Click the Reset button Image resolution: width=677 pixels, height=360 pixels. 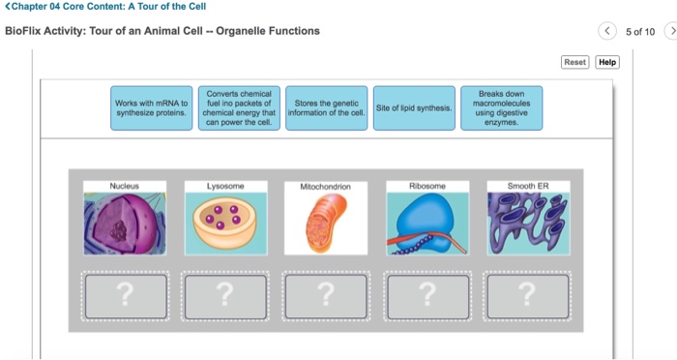[x=575, y=62]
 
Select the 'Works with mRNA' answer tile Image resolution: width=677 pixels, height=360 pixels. [x=152, y=108]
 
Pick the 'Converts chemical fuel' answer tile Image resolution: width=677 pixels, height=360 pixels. [x=239, y=108]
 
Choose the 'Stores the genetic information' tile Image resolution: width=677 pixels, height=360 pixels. [x=327, y=108]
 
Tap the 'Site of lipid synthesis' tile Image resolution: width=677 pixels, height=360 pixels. [x=414, y=108]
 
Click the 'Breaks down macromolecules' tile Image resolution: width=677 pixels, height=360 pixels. [x=501, y=108]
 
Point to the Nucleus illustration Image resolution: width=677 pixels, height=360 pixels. [x=125, y=224]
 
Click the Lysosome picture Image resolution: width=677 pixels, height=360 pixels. [x=225, y=224]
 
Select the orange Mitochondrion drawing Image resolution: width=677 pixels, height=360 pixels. [x=326, y=224]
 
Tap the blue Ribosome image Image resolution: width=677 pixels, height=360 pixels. [x=427, y=224]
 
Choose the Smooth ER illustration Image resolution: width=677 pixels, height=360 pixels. [x=528, y=224]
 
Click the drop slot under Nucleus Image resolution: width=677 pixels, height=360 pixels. [x=126, y=296]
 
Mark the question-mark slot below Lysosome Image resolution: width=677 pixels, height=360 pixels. [x=225, y=296]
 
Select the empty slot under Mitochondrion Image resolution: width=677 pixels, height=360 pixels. [x=326, y=296]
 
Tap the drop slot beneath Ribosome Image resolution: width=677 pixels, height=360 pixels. [x=427, y=296]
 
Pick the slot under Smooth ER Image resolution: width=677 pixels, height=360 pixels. [x=528, y=296]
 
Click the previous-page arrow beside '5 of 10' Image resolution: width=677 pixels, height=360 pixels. [x=607, y=31]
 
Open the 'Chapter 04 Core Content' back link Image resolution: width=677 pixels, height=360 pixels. [x=105, y=7]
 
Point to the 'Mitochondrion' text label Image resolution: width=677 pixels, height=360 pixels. [x=326, y=187]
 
